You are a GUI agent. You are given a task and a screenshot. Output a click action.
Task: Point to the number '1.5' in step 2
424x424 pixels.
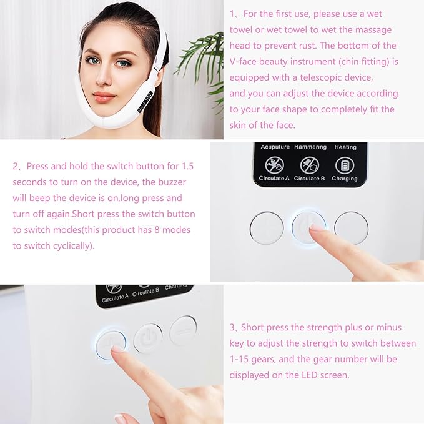tap(189, 166)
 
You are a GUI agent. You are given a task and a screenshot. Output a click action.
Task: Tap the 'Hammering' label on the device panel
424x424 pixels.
tap(310, 147)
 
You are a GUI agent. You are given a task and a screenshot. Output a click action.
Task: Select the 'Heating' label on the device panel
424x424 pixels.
tap(345, 147)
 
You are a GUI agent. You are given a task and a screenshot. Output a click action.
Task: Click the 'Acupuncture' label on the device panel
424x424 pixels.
tap(275, 147)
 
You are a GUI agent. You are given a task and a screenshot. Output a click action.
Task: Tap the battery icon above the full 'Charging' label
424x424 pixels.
tap(345, 165)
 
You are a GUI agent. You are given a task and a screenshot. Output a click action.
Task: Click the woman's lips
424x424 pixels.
tap(104, 97)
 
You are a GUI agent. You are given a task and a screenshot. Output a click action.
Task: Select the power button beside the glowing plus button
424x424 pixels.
tap(148, 338)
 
